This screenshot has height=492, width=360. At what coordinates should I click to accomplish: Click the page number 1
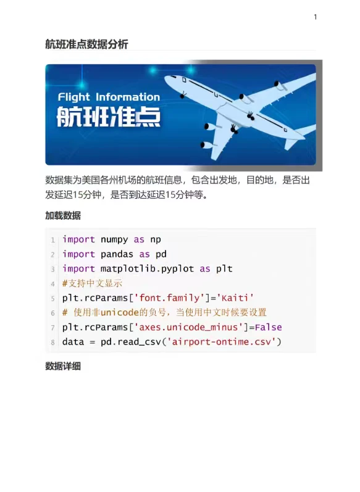point(315,17)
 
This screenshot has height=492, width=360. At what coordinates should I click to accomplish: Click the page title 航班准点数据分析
point(86,44)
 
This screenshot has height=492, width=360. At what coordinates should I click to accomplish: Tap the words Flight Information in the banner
point(109,98)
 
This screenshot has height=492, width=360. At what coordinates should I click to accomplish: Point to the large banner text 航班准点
point(109,117)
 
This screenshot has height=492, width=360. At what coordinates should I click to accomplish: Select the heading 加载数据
point(63,215)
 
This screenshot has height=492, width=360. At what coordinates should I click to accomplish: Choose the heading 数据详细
point(63,366)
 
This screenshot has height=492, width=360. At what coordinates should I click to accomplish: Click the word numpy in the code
point(114,240)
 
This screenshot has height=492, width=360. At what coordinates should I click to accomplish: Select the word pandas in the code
point(117,254)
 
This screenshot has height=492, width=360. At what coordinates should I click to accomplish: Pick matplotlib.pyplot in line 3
point(147,269)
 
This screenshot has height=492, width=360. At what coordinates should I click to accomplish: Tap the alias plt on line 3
point(224,269)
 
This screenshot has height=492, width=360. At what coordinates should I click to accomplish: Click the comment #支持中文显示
point(92,283)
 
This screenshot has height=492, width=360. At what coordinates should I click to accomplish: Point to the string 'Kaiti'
point(235,298)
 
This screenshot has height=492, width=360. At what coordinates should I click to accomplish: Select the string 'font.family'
point(169,298)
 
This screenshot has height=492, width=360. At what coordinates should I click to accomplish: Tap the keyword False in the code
point(269,327)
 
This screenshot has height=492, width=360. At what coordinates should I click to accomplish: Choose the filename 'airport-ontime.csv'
point(222,342)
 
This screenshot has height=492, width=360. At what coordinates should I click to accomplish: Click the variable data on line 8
point(73,342)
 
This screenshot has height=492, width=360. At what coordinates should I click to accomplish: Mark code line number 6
point(52,313)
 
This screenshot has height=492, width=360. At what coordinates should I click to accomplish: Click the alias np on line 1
point(156,240)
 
